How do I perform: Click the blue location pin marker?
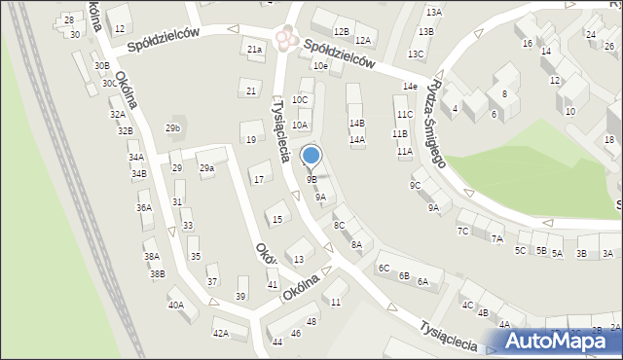point(311,156)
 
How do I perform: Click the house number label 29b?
point(173,128)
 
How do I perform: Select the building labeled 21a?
point(254,50)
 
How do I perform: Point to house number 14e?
point(411,87)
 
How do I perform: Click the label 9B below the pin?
point(311,179)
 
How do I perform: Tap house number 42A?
point(221,334)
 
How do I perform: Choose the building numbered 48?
point(311,321)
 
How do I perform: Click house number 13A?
point(433,13)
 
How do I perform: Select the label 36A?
point(144,207)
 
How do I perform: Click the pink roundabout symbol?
point(284,38)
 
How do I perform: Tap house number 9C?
point(415,185)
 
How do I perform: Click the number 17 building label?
point(257,179)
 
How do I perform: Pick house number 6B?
point(403,275)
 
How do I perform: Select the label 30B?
point(101,65)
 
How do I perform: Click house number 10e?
point(320,65)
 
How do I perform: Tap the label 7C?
point(463,231)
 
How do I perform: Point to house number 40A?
point(176,305)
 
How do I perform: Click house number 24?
point(590,34)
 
